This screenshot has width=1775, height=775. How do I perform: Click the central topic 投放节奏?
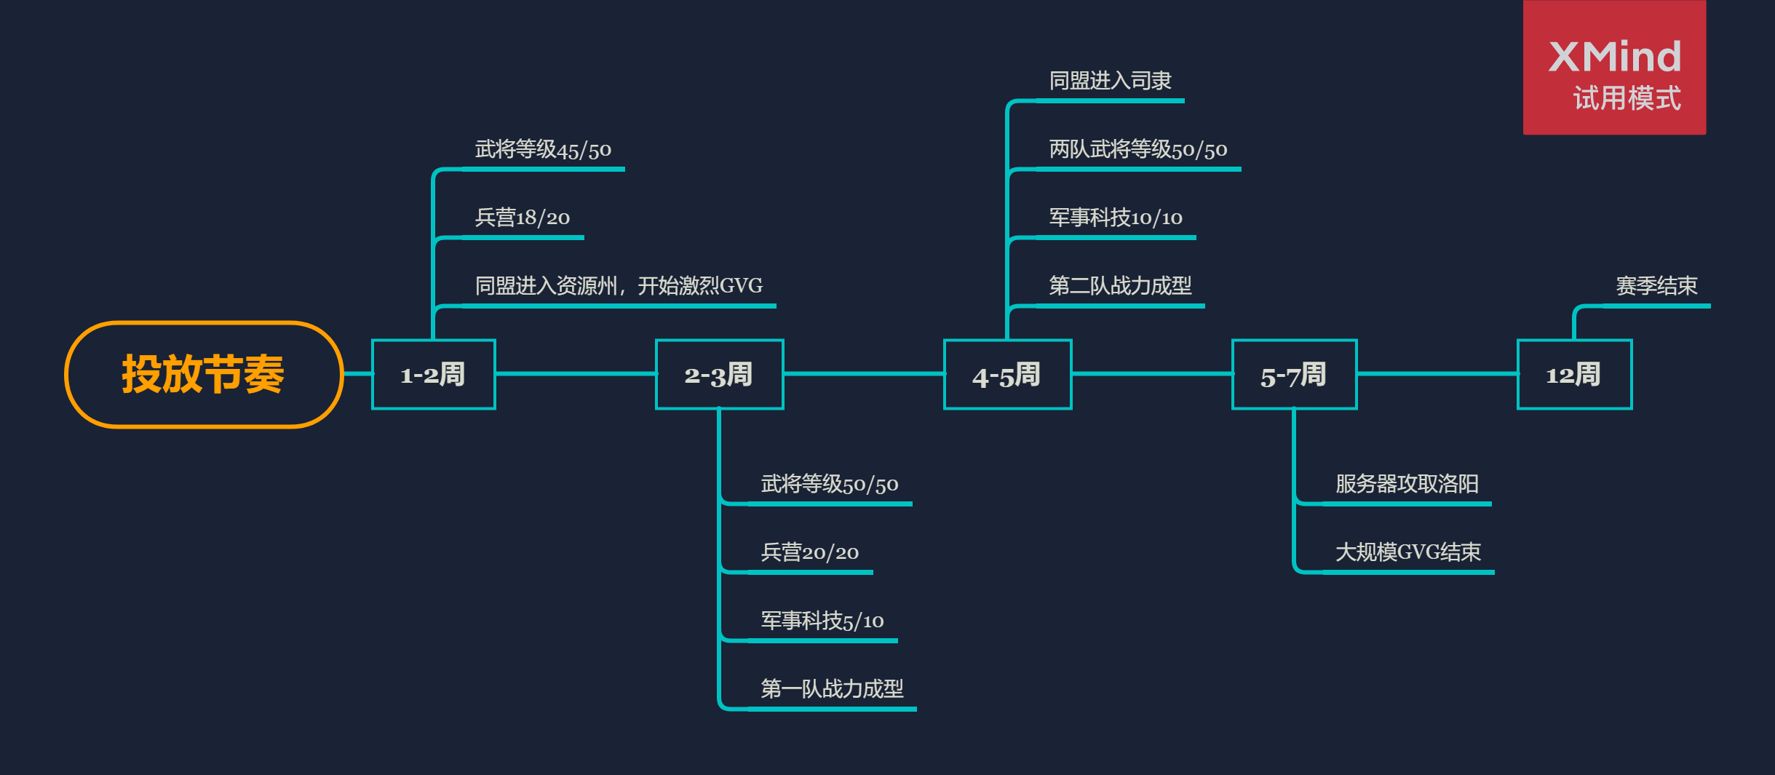point(203,375)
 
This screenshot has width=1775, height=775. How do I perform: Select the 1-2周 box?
point(433,375)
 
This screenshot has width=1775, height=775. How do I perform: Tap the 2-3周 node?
point(719,375)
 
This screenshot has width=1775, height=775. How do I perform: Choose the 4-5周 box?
point(1007,375)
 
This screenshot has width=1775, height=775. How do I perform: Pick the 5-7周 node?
point(1294,375)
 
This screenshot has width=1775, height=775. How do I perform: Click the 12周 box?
point(1574,375)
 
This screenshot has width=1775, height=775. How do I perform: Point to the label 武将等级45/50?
point(543,150)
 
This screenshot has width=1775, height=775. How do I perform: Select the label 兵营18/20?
point(523,218)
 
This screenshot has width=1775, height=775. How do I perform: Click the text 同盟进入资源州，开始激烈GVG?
point(619,286)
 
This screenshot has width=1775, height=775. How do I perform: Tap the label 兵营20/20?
point(810,552)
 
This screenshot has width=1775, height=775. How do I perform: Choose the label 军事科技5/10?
point(822,621)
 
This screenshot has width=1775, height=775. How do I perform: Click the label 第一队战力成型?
point(832,688)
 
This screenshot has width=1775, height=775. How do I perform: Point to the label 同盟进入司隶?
point(1110,81)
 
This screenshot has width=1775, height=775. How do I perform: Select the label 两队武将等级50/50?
point(1138,150)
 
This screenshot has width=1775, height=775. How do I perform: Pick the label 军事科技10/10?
point(1116,218)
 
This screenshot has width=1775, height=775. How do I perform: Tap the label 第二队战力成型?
point(1120,286)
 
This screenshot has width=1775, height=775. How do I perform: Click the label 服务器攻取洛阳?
point(1407,484)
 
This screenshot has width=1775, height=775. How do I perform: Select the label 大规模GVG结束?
point(1408,552)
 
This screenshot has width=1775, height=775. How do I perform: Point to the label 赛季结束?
point(1656,286)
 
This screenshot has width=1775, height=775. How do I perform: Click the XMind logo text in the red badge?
point(1615,57)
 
